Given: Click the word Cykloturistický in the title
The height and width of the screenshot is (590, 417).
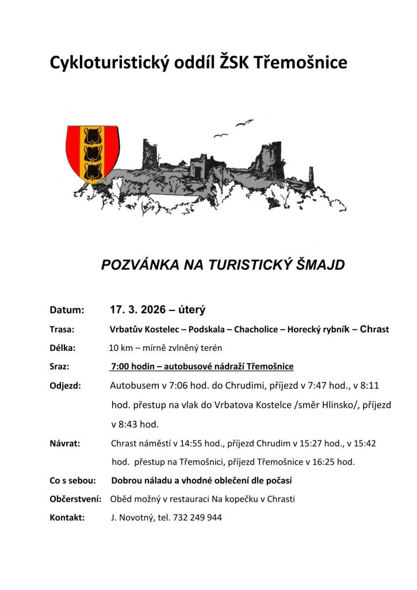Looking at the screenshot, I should coord(109,63).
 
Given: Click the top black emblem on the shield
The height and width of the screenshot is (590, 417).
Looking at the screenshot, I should coord(91,137).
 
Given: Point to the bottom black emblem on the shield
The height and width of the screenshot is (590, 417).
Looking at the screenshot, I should coord(91,171).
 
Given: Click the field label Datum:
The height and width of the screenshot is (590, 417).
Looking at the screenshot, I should coord(67,310).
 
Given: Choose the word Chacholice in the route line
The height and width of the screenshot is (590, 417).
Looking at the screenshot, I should coord(256,330).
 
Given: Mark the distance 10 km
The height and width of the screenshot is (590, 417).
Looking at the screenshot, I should coord(120,348).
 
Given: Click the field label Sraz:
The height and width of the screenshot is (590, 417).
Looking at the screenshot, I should coord(60,366).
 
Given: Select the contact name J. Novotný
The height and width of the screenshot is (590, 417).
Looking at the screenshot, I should coord(132,517).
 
